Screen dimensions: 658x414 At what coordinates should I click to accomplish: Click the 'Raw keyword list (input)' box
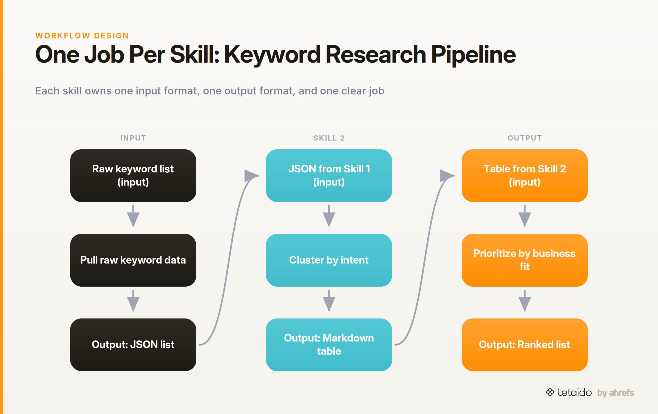[133, 176]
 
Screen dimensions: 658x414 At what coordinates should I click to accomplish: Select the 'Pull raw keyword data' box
[133, 260]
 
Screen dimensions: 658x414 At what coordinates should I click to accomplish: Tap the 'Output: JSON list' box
[133, 345]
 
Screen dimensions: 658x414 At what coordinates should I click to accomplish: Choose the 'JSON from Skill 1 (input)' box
[329, 176]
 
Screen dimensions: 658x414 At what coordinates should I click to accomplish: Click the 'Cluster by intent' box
[329, 260]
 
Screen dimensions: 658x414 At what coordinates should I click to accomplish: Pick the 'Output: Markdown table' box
[329, 345]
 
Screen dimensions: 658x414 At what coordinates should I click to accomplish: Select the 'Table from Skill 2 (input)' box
[525, 176]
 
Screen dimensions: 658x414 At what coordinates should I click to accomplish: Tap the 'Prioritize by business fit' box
[525, 260]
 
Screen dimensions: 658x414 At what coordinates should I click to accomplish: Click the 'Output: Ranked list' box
[525, 345]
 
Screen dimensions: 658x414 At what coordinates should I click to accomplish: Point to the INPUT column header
[133, 138]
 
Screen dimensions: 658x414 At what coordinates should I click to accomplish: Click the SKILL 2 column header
[329, 138]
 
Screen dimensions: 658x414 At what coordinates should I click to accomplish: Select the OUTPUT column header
[525, 138]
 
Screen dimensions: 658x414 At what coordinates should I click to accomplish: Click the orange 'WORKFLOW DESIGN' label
[82, 36]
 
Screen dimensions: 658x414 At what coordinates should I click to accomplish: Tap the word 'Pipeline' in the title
[473, 55]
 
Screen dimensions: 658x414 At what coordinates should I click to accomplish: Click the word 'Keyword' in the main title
[273, 55]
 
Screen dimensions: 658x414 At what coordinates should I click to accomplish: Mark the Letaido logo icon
[550, 392]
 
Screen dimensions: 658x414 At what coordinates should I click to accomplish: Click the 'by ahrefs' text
[616, 393]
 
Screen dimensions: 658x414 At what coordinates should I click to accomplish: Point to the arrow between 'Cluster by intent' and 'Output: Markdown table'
[329, 301]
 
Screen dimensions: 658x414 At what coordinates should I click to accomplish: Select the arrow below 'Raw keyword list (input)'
[133, 216]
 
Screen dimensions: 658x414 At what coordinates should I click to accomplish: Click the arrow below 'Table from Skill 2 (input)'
[525, 216]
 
